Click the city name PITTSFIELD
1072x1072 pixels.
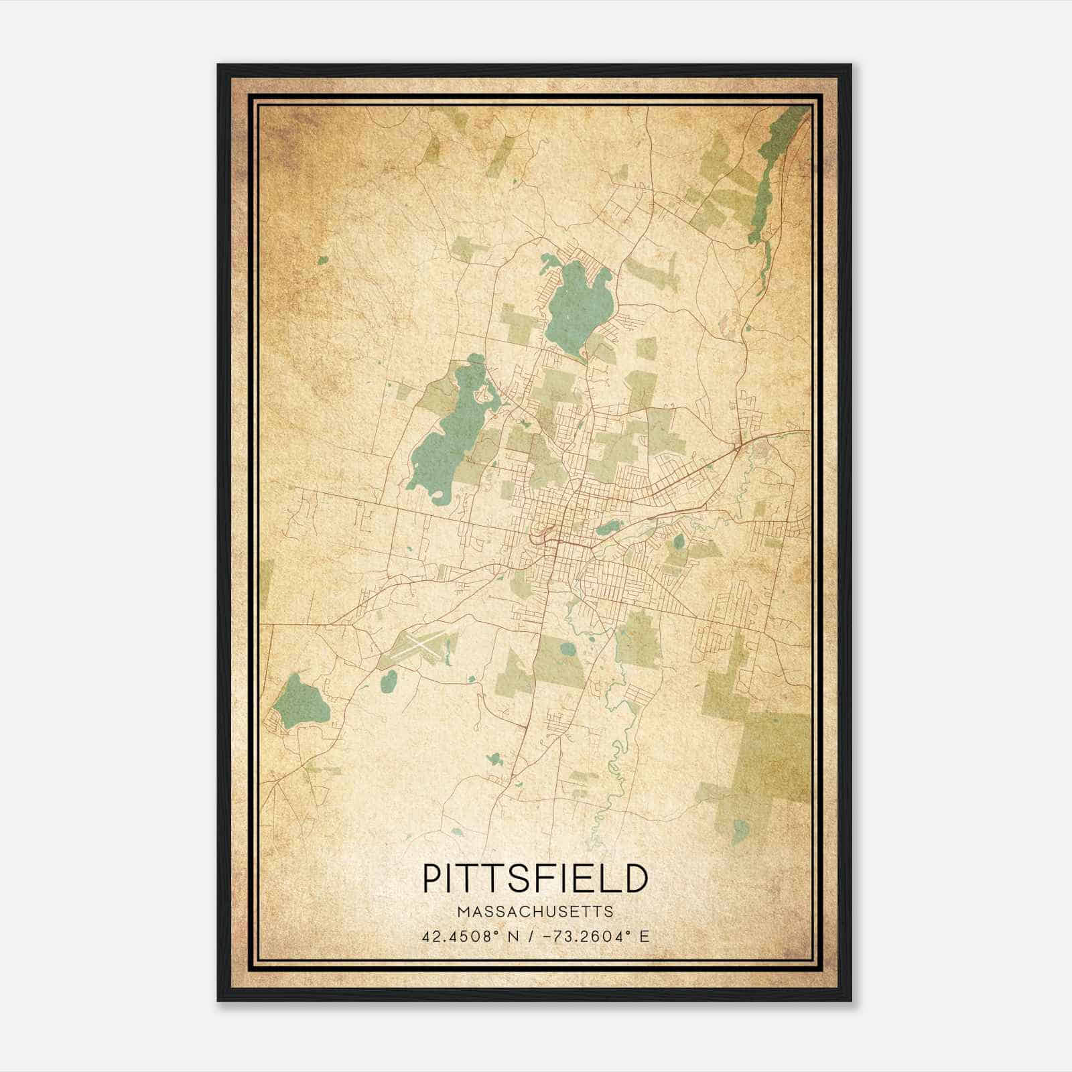click(x=535, y=878)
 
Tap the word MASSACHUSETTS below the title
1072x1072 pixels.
click(x=535, y=911)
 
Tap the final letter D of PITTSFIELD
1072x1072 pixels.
click(x=636, y=878)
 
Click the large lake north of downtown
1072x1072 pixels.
click(x=578, y=301)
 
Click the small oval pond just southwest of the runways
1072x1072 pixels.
click(x=388, y=682)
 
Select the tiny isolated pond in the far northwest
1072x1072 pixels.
click(x=323, y=260)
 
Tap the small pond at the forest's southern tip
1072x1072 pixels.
click(x=740, y=831)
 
